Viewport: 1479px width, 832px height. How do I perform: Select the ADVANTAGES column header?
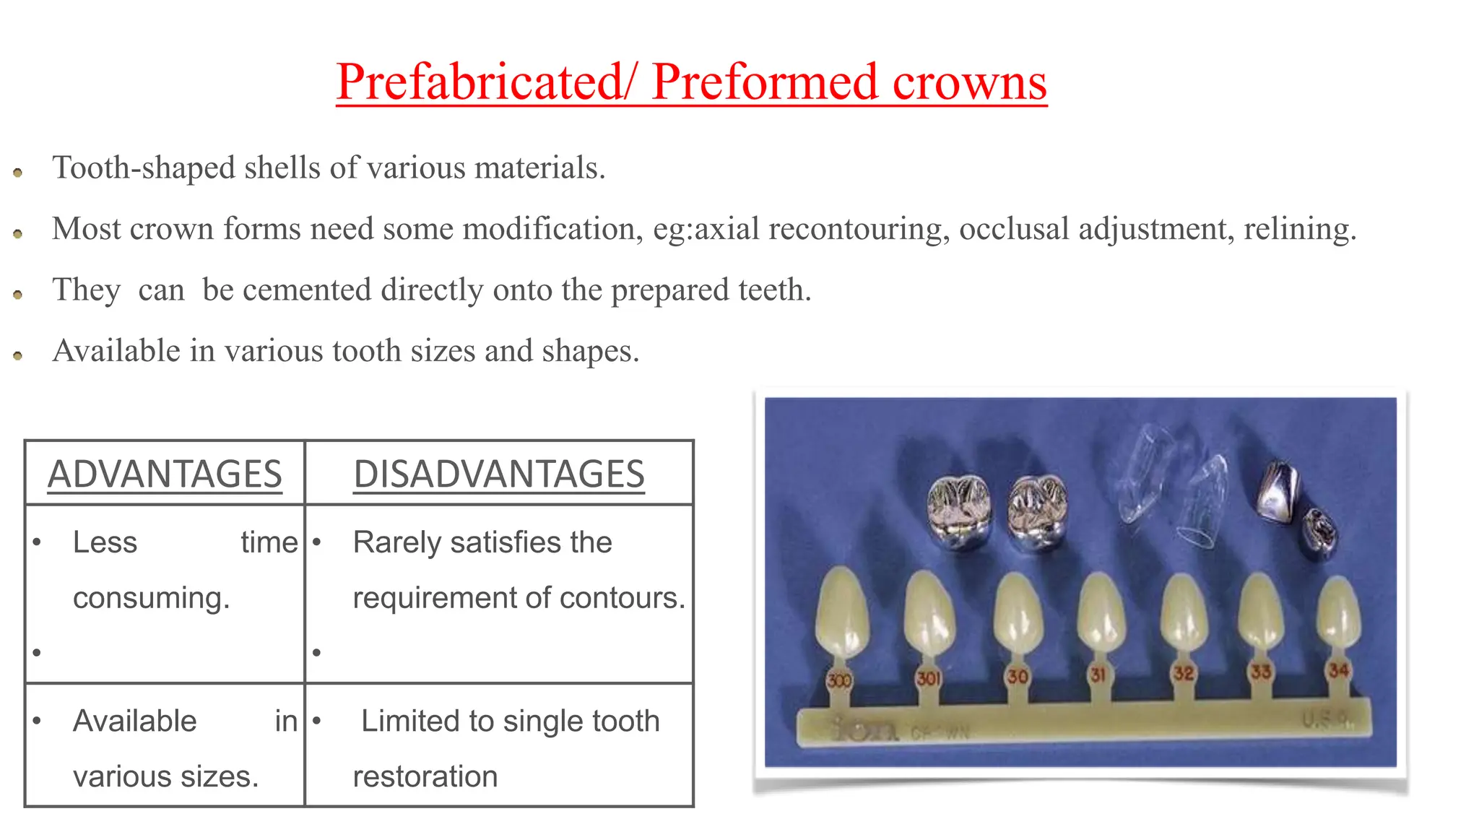click(165, 474)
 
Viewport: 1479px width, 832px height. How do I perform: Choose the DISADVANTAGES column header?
click(499, 474)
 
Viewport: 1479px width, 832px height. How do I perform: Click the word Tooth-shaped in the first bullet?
click(144, 168)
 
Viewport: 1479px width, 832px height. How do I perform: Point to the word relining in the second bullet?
click(1298, 229)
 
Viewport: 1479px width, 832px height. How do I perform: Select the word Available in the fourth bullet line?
click(116, 351)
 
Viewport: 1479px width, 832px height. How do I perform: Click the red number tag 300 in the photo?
click(839, 680)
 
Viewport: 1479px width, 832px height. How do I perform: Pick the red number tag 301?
click(928, 678)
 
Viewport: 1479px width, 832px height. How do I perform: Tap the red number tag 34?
click(1338, 670)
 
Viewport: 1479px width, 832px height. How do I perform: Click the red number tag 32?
click(1183, 673)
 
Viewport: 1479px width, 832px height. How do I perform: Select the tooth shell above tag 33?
click(1261, 610)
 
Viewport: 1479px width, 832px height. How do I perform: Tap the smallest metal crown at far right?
click(1320, 532)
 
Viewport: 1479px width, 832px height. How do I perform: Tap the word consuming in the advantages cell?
click(151, 598)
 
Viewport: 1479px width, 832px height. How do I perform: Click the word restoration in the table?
click(425, 776)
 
